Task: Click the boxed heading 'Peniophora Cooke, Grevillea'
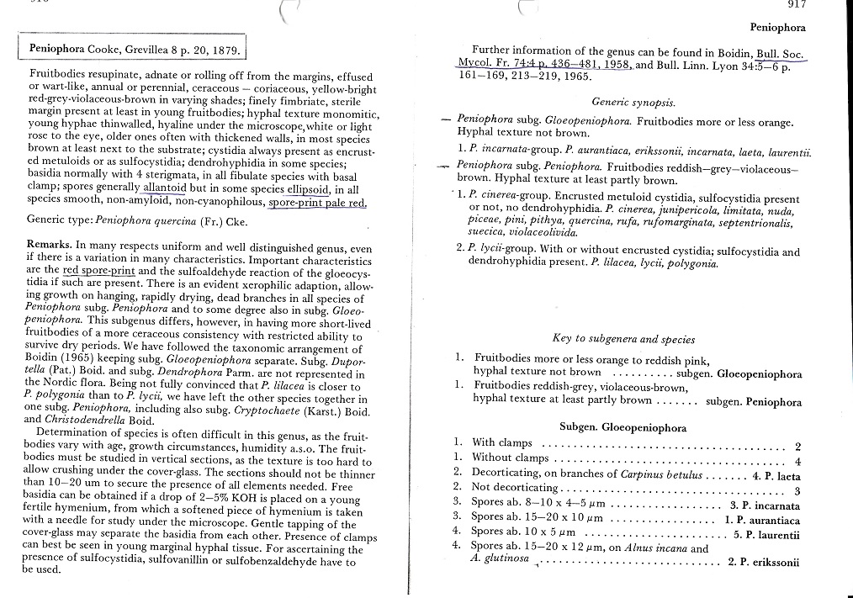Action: coord(135,47)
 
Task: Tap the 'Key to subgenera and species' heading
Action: coord(623,338)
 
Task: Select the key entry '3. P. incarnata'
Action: coord(765,505)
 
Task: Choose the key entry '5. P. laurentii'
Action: coord(766,534)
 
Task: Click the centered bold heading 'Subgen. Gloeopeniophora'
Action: coord(623,426)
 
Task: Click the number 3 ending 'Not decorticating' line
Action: coord(797,490)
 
